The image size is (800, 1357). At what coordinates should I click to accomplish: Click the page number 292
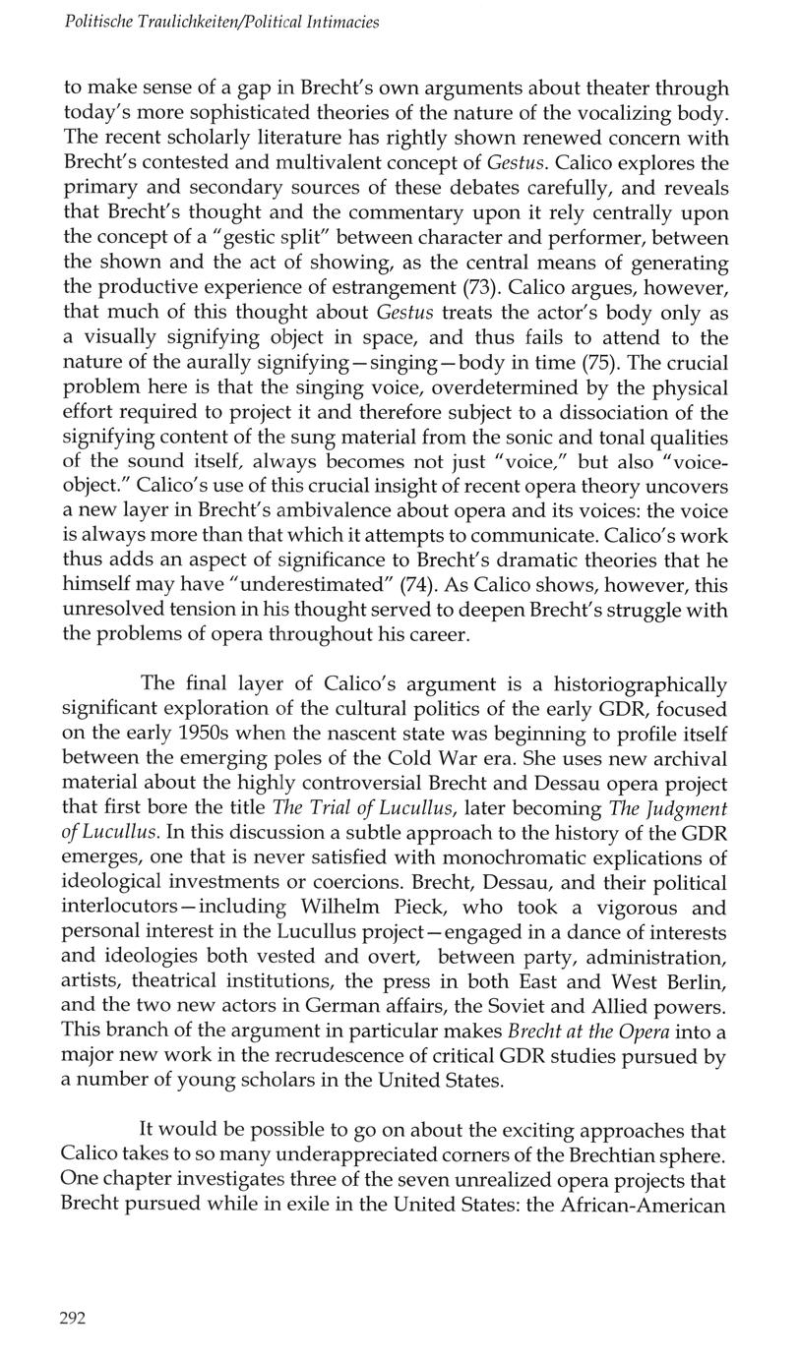[73, 1319]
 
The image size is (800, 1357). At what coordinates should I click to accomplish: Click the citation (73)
[480, 288]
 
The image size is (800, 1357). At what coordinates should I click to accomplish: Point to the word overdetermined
[521, 388]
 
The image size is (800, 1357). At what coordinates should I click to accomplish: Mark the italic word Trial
[336, 808]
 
